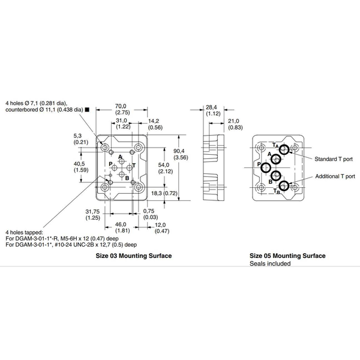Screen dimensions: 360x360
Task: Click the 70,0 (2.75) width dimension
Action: (122, 109)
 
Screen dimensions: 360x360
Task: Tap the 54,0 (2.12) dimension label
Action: (164, 168)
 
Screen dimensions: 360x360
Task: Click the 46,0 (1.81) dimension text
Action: (122, 227)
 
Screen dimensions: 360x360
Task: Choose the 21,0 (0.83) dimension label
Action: (235, 124)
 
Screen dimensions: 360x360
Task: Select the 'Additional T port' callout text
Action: (333, 177)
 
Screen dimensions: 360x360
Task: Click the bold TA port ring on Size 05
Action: (284, 149)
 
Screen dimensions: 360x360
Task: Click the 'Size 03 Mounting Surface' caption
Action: (134, 256)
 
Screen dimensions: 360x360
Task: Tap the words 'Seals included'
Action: (270, 263)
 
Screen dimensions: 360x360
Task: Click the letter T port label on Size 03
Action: (134, 164)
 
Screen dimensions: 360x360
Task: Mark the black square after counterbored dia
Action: (88, 110)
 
